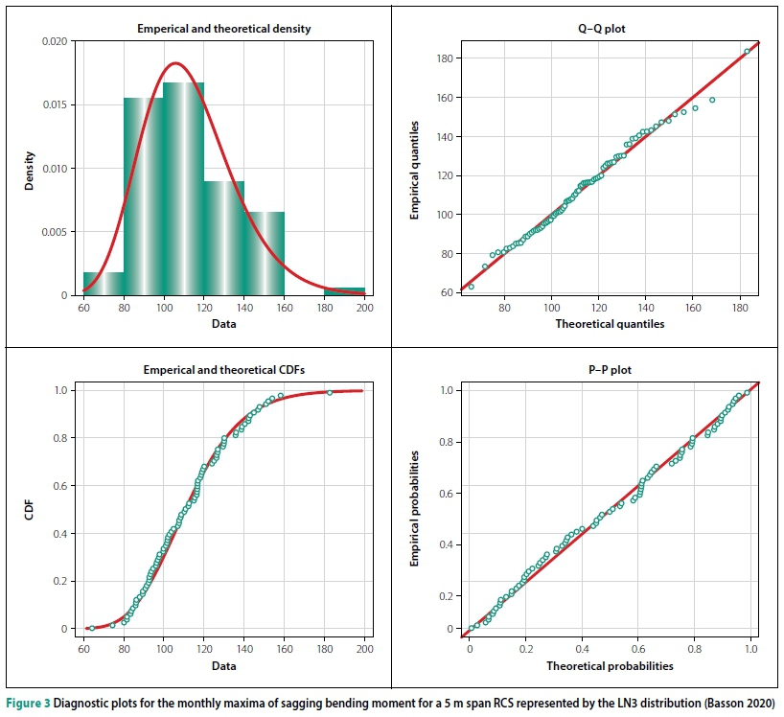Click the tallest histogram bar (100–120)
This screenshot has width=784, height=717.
(x=184, y=192)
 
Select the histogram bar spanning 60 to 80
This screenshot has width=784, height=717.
(x=103, y=284)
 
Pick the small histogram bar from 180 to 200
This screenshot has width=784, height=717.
(x=344, y=290)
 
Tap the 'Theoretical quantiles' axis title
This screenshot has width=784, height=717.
(x=610, y=324)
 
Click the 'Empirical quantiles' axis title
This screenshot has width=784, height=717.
(x=414, y=169)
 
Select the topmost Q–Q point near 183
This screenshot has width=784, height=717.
(x=747, y=52)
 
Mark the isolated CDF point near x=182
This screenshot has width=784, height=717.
(x=329, y=392)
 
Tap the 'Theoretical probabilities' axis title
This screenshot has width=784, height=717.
(x=610, y=665)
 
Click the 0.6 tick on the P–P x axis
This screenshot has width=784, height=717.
(x=638, y=648)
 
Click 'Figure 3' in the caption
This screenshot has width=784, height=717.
(x=30, y=699)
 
